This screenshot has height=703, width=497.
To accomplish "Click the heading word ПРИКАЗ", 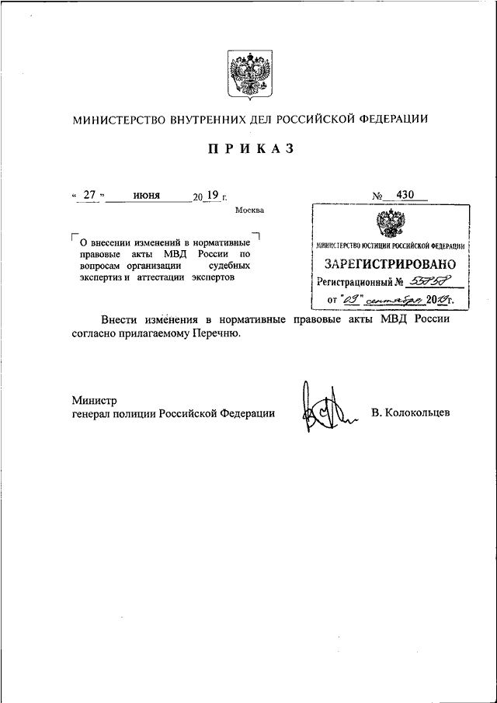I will pos(250,150).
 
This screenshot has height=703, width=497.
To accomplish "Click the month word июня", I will pos(146,196).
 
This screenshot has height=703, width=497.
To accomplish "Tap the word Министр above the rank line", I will pos(94,401).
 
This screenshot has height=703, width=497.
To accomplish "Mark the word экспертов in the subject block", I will pos(208,277).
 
